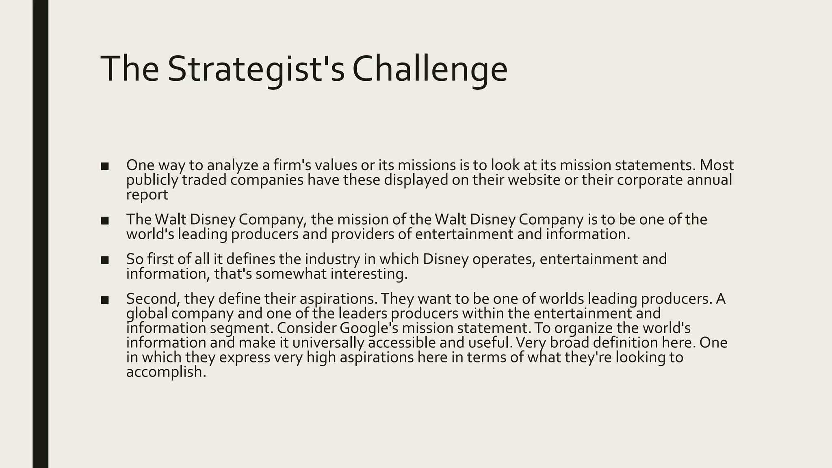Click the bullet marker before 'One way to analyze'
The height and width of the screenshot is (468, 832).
coord(105,167)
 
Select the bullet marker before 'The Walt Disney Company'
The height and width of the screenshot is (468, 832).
coord(105,221)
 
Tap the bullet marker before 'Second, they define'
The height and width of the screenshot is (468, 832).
coord(105,300)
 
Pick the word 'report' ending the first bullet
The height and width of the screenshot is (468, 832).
coord(147,195)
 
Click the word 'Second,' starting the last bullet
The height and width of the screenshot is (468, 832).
coord(153,299)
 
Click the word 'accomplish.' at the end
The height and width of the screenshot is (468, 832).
coord(166,372)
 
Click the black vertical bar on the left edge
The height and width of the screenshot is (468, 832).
coord(40,234)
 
